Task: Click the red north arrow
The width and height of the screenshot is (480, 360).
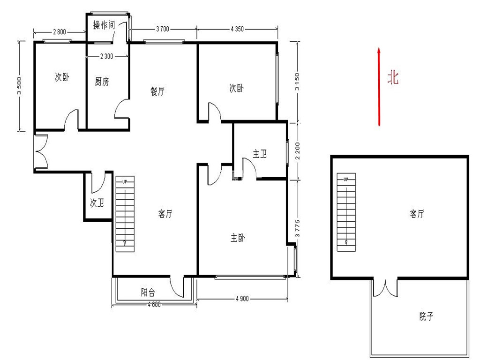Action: (x=379, y=87)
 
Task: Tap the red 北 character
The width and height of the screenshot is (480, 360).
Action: (x=393, y=77)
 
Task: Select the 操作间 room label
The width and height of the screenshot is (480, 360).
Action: (x=104, y=25)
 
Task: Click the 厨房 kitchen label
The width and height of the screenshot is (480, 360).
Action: (x=102, y=82)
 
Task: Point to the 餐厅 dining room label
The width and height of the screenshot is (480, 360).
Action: (x=157, y=91)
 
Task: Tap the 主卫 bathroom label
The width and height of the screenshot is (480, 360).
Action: (x=260, y=153)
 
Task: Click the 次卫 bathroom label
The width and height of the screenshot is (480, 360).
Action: (x=97, y=202)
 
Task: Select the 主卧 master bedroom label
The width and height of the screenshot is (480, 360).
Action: (x=238, y=238)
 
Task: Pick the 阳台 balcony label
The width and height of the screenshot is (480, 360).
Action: (x=148, y=292)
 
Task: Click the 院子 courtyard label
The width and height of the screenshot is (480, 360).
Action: (x=426, y=316)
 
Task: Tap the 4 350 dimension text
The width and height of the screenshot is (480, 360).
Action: (x=237, y=29)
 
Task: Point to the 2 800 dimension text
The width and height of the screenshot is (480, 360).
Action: (x=60, y=31)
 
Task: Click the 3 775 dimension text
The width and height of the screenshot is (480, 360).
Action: (x=297, y=229)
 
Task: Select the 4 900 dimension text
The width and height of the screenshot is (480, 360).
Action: (x=242, y=299)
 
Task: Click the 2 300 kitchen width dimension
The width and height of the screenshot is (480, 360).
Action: (x=106, y=56)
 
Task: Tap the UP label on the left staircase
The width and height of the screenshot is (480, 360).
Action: (x=125, y=181)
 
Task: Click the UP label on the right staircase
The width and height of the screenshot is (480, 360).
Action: (x=345, y=179)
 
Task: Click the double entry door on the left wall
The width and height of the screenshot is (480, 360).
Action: (x=41, y=151)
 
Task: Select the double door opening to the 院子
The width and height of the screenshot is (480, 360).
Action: (x=385, y=288)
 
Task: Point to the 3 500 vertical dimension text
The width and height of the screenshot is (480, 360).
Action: (x=19, y=86)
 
